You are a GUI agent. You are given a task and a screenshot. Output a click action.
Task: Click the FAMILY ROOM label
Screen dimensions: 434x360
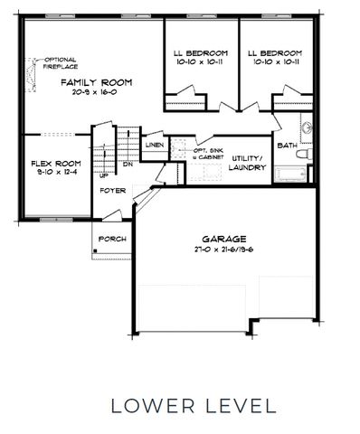(97, 82)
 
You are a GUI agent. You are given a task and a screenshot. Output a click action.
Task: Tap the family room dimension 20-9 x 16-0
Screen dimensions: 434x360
(97, 93)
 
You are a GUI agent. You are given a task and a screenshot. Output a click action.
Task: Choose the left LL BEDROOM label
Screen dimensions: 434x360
(201, 52)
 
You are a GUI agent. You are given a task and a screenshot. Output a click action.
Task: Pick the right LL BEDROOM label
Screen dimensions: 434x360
(276, 52)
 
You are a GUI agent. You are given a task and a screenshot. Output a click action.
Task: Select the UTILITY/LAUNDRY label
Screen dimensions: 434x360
(246, 162)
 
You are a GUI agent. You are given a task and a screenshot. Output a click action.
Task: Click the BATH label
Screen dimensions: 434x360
(287, 145)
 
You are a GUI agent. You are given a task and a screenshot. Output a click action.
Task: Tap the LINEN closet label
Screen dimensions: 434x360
(154, 145)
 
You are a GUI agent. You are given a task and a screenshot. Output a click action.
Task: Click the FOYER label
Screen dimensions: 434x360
(112, 191)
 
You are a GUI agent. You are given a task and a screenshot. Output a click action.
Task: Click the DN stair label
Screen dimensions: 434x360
(128, 165)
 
